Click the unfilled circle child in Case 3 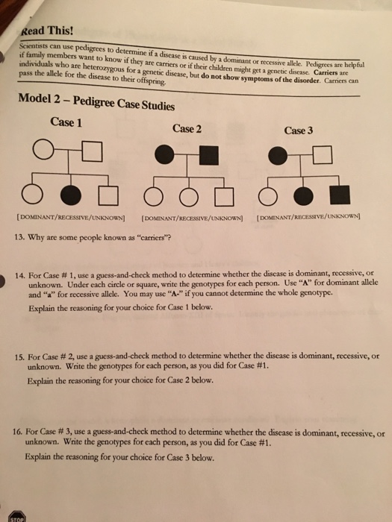[x=266, y=196]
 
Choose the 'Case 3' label [x=298, y=130]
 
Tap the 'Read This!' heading [x=48, y=29]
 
